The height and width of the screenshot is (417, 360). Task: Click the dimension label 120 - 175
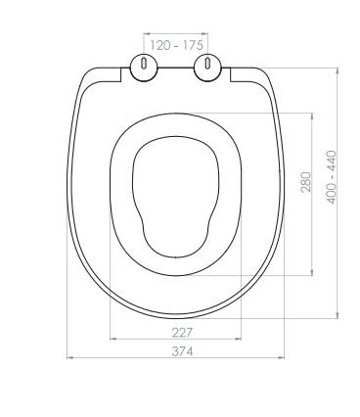pyautogui.click(x=176, y=45)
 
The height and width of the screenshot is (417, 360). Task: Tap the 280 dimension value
pyautogui.click(x=306, y=182)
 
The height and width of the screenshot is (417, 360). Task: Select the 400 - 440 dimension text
pyautogui.click(x=332, y=177)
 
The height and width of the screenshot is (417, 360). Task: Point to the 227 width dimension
pyautogui.click(x=183, y=333)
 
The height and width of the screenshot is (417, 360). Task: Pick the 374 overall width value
pyautogui.click(x=183, y=351)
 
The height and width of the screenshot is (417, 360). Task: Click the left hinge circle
pyautogui.click(x=144, y=68)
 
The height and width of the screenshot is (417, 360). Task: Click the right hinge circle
pyautogui.click(x=207, y=68)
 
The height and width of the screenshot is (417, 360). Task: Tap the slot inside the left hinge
pyautogui.click(x=144, y=63)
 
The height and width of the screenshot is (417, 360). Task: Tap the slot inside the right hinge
pyautogui.click(x=207, y=63)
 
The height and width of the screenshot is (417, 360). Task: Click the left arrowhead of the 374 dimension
pyautogui.click(x=69, y=358)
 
